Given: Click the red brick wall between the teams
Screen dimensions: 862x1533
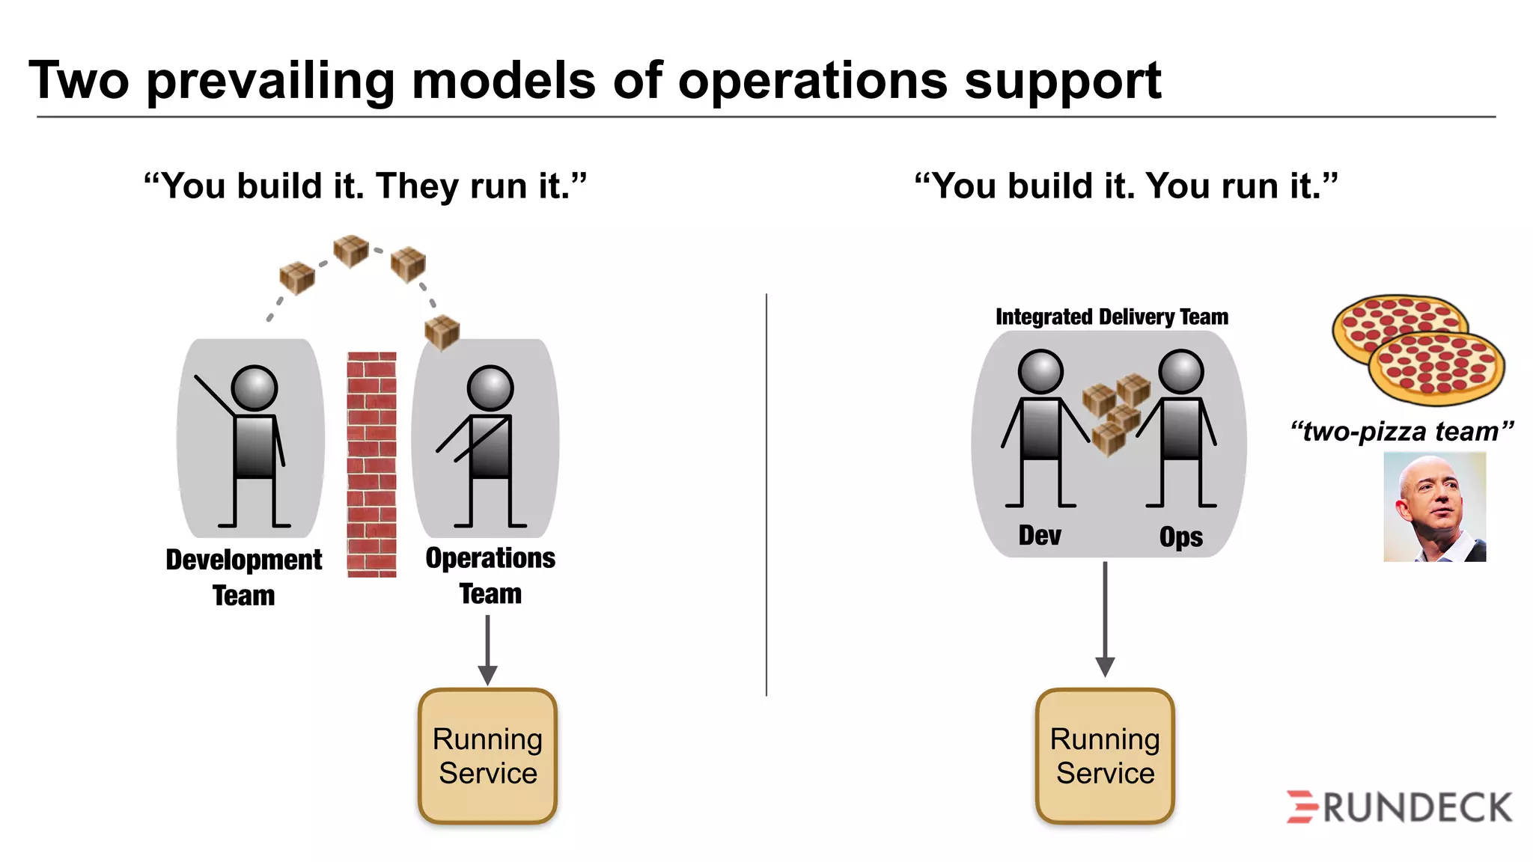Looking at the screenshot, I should pos(371,464).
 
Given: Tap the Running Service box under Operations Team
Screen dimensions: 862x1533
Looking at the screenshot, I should pos(487,756).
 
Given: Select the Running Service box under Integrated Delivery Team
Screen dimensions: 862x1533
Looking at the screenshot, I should pos(1105,756).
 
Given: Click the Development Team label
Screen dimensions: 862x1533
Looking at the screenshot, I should pos(244,577).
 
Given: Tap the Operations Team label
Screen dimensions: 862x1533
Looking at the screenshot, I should pos(490,575).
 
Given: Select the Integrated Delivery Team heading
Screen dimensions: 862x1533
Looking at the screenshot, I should pos(1112,317).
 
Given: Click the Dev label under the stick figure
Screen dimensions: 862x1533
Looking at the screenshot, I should pos(1040,536).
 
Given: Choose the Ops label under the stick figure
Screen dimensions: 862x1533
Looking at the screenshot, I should pos(1180,537).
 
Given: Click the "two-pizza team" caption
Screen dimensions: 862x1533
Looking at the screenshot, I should pos(1401,432).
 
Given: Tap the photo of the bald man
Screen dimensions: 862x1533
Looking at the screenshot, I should pos(1434,507).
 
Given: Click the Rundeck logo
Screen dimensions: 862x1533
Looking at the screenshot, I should pos(1399,807).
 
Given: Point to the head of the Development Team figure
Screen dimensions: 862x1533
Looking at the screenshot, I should pos(255,388).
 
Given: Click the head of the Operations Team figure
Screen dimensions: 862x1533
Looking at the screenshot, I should pos(490,388).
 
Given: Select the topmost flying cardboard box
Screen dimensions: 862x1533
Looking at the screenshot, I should pos(351,251).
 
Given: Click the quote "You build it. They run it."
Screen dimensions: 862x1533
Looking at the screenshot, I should pos(365,186).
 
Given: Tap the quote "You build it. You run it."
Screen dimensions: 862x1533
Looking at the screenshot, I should pos(1126,186).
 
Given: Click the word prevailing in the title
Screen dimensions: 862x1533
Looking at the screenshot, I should pos(271,81).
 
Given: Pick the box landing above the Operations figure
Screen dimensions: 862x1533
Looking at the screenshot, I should pos(442,331).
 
